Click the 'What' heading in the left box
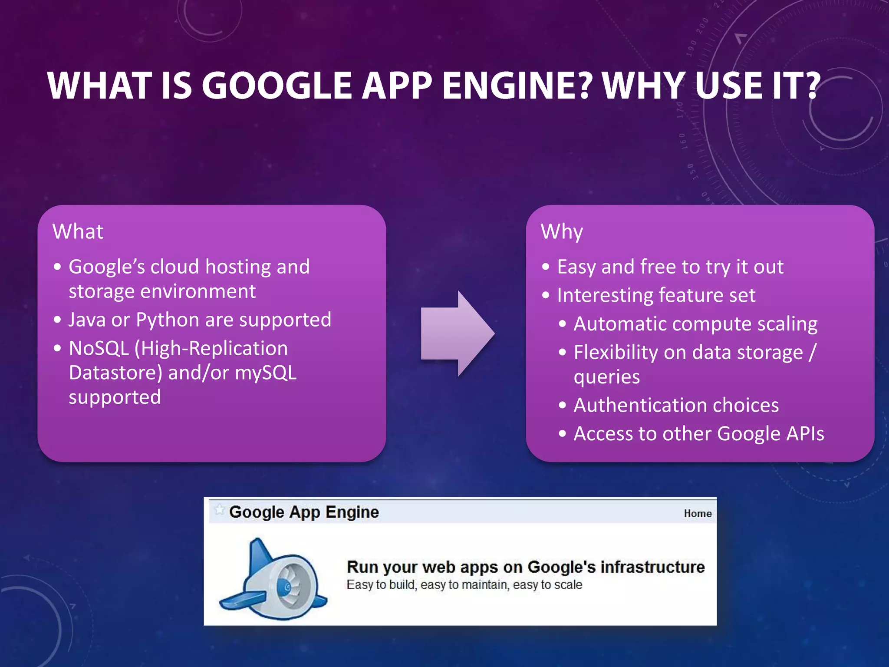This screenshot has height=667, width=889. pyautogui.click(x=78, y=231)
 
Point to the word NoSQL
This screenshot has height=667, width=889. pyautogui.click(x=99, y=349)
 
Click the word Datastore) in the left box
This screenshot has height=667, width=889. pyautogui.click(x=115, y=373)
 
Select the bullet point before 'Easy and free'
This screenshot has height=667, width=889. pyautogui.click(x=546, y=267)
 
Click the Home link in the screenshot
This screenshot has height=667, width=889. pyautogui.click(x=698, y=514)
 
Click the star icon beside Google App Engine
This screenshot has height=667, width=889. pyautogui.click(x=219, y=509)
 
